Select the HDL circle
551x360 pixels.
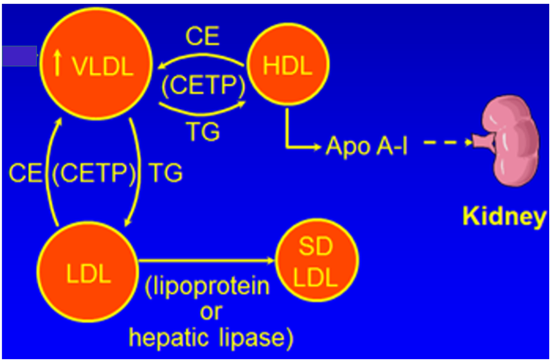coord(287,65)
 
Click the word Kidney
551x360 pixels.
coord(504,216)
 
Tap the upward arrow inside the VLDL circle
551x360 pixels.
coord(58,64)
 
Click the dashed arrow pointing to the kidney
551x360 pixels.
coord(448,144)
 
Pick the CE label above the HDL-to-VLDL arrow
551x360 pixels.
coord(202,37)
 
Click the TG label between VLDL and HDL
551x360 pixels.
coord(203,131)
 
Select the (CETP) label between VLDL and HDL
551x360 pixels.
coord(203,85)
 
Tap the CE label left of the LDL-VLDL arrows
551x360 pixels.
coord(24,174)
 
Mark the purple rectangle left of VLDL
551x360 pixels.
coord(18,56)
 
